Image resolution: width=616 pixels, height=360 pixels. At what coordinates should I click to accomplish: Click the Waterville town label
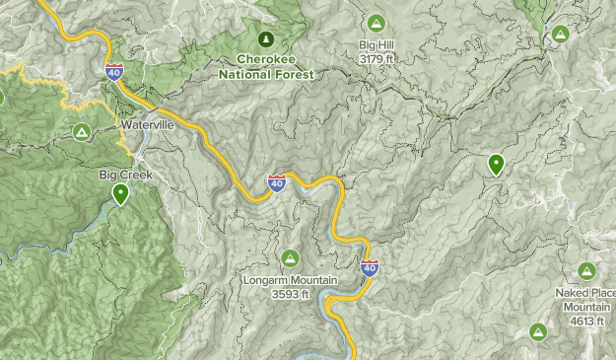tap(147, 125)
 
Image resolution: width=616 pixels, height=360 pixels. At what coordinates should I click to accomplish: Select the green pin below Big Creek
tap(120, 193)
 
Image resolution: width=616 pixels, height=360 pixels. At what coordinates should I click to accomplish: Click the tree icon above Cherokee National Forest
tap(265, 39)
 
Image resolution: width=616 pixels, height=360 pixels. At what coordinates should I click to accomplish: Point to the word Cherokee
tap(265, 59)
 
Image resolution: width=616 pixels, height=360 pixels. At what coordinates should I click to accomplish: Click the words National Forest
tap(265, 74)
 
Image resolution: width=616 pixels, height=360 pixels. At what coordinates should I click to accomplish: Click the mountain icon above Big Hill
tap(376, 23)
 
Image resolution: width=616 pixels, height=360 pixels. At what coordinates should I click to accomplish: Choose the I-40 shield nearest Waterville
tap(112, 70)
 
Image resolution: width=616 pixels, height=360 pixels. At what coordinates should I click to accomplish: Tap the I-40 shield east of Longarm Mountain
tap(369, 267)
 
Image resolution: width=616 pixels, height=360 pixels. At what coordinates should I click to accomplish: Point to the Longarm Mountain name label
tap(290, 280)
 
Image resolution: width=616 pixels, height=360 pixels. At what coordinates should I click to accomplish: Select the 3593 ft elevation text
tap(290, 293)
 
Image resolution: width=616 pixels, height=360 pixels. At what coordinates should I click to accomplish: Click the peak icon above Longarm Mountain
tap(290, 258)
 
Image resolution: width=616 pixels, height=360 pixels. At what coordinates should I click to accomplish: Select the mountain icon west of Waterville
tap(82, 131)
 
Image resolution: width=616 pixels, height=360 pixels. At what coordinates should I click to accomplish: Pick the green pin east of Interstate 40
tap(496, 165)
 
